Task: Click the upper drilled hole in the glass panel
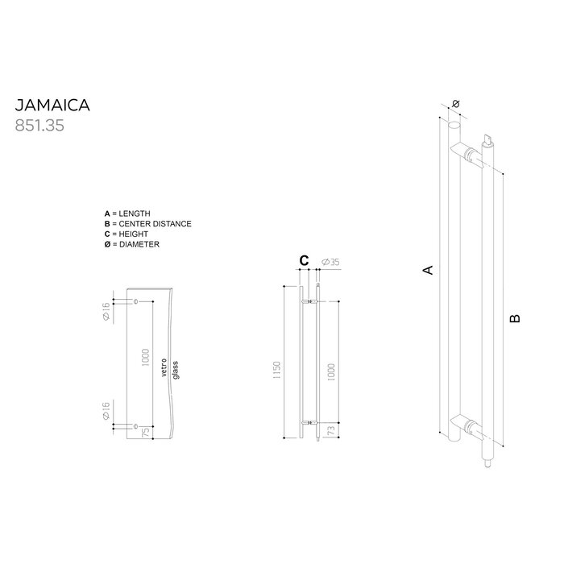click(135, 302)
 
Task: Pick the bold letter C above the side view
click(304, 260)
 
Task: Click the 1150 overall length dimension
click(276, 371)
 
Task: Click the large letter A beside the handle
click(429, 270)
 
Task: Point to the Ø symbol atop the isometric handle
click(456, 105)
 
